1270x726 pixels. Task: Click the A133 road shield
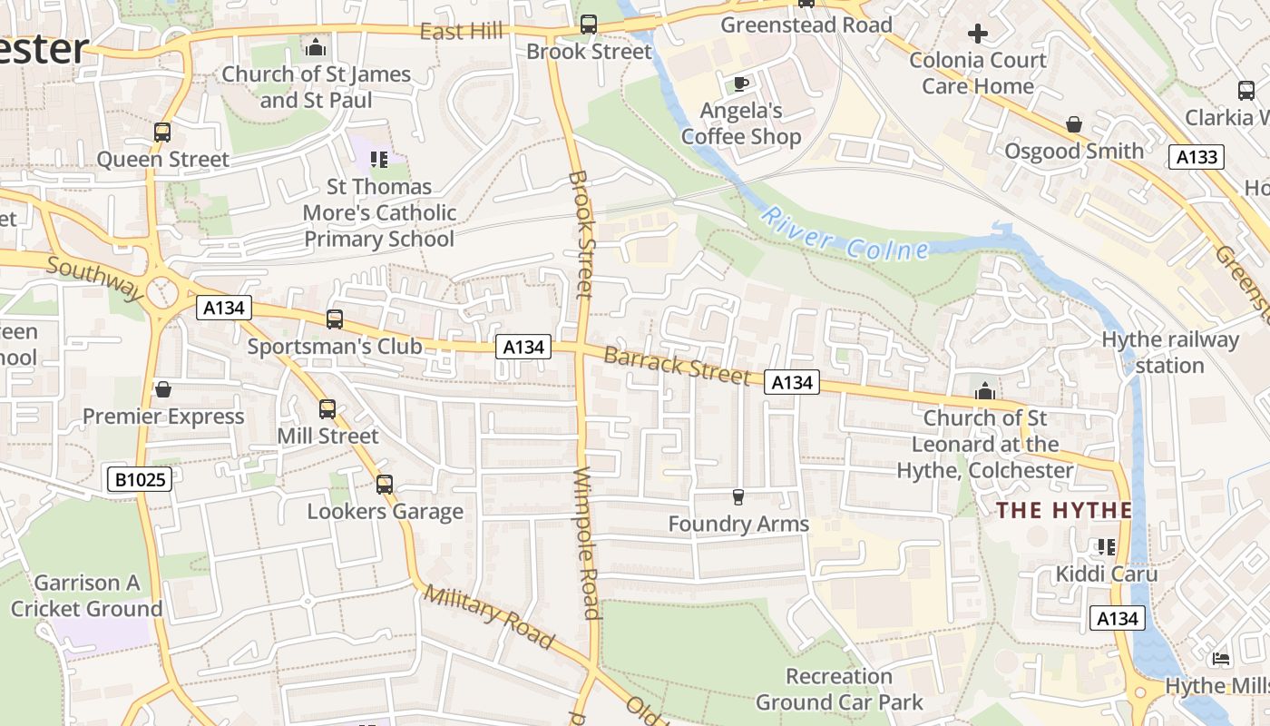click(x=1196, y=157)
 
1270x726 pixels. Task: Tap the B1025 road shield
click(x=141, y=478)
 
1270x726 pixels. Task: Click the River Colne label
click(x=845, y=234)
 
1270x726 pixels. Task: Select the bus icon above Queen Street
click(x=162, y=132)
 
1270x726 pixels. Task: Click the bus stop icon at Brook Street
click(x=589, y=25)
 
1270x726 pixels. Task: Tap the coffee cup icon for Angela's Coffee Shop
click(x=740, y=84)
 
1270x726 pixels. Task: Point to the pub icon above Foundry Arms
click(x=738, y=496)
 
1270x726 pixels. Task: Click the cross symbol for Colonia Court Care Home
click(x=977, y=34)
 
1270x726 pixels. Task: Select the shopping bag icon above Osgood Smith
click(x=1074, y=123)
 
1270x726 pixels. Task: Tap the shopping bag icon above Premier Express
click(x=163, y=389)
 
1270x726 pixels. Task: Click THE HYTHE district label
click(x=1064, y=510)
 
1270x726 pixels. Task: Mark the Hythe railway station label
click(x=1169, y=352)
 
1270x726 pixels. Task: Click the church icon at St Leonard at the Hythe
click(x=984, y=391)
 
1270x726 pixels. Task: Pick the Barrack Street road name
click(x=677, y=364)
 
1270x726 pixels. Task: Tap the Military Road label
click(x=489, y=617)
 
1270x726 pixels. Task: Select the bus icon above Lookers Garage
click(x=385, y=485)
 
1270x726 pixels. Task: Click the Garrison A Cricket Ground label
click(x=87, y=595)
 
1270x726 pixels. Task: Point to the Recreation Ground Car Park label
click(x=839, y=689)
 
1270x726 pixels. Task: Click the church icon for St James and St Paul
click(x=316, y=46)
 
